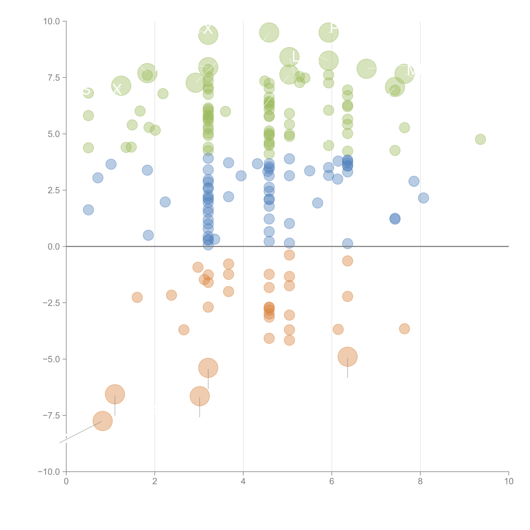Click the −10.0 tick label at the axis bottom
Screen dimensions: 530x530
[49, 472]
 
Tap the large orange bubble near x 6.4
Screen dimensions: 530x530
[348, 357]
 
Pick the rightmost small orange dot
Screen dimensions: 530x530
[404, 329]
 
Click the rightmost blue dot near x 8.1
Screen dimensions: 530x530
[423, 198]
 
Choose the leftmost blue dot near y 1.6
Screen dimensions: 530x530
[88, 210]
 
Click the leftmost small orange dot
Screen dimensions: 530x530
[137, 297]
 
